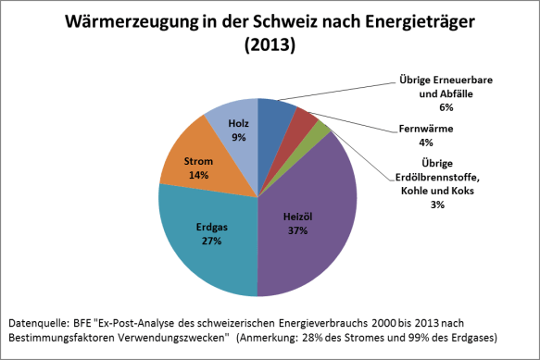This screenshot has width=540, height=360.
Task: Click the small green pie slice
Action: (x=322, y=130)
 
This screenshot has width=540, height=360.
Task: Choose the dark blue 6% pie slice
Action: (x=276, y=113)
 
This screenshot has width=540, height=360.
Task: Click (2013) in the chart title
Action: (x=269, y=44)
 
